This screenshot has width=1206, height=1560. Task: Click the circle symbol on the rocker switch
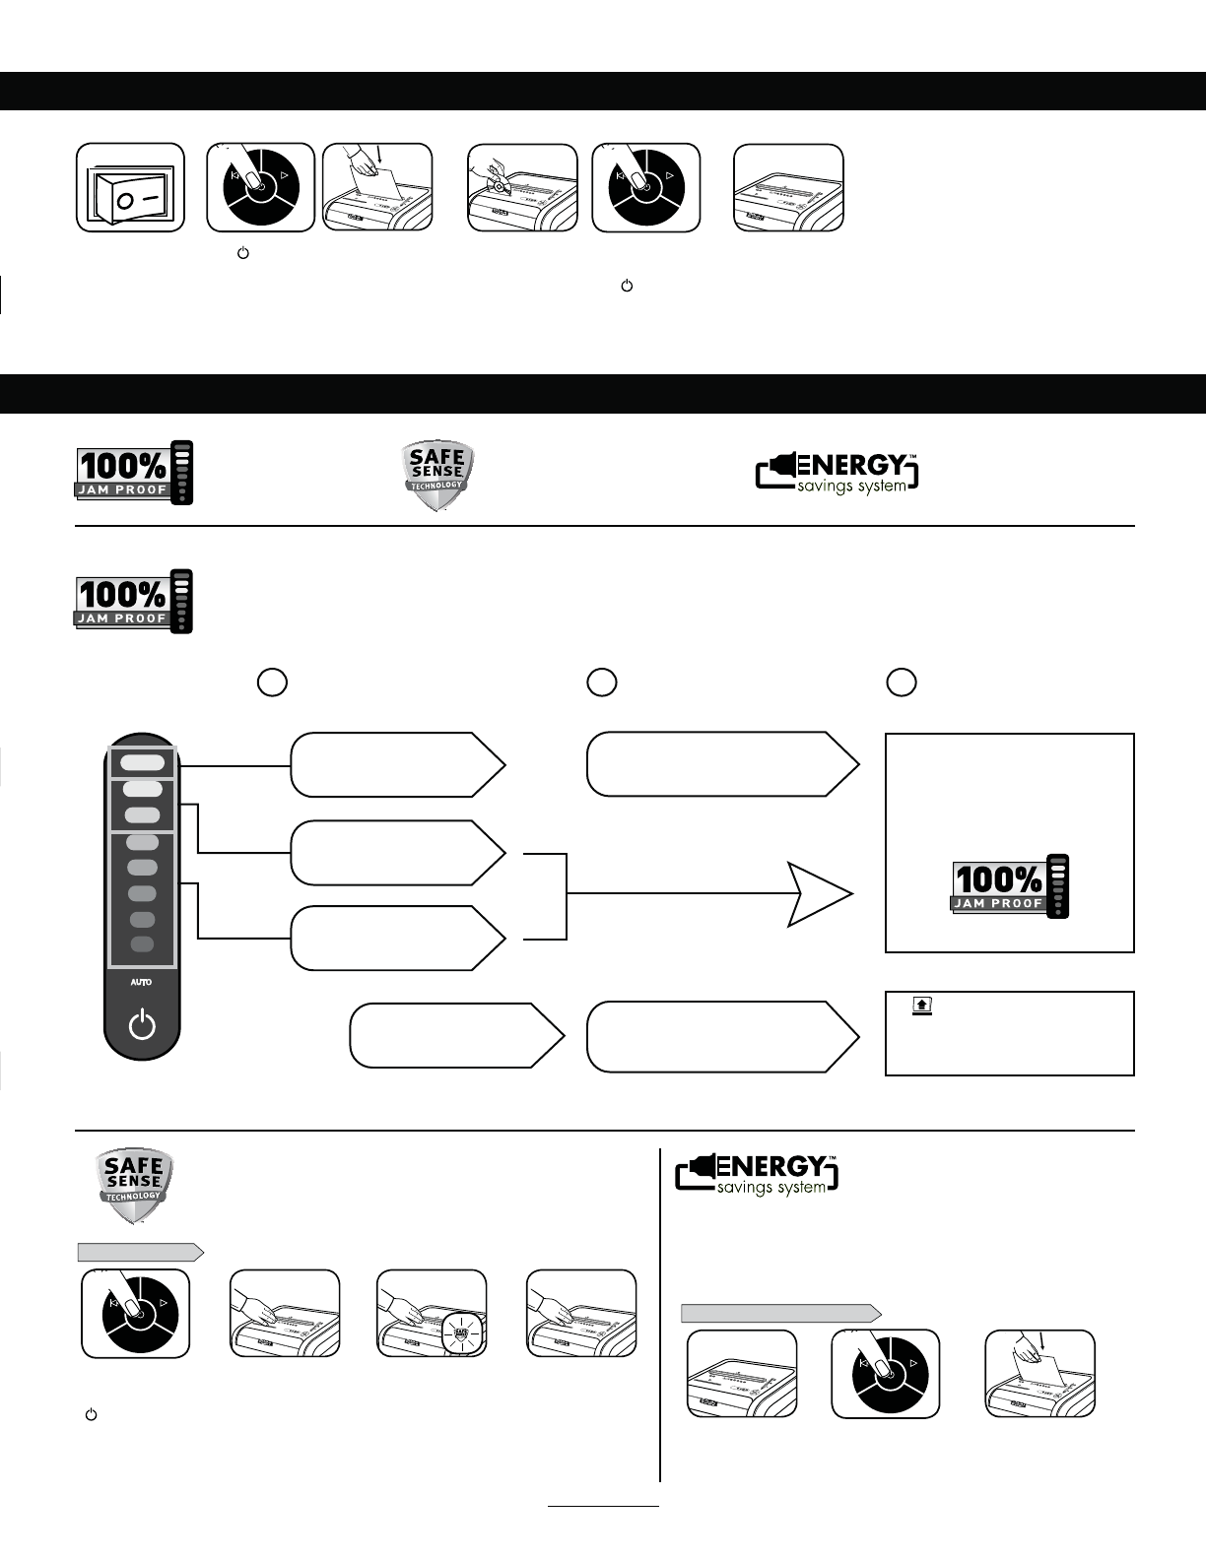[125, 200]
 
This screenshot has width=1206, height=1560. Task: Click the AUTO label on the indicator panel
[142, 982]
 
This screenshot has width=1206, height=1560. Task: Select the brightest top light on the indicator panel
[143, 761]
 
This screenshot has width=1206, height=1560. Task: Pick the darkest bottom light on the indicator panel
[142, 944]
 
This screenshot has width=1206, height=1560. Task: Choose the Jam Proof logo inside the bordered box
[1010, 885]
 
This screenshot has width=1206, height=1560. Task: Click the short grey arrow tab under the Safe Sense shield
[141, 1252]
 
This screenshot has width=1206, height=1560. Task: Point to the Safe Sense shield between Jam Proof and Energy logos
[438, 476]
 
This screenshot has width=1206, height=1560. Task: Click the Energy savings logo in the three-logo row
[837, 473]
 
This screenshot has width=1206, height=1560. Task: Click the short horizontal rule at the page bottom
[603, 1506]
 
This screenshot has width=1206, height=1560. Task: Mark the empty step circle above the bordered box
[901, 682]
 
